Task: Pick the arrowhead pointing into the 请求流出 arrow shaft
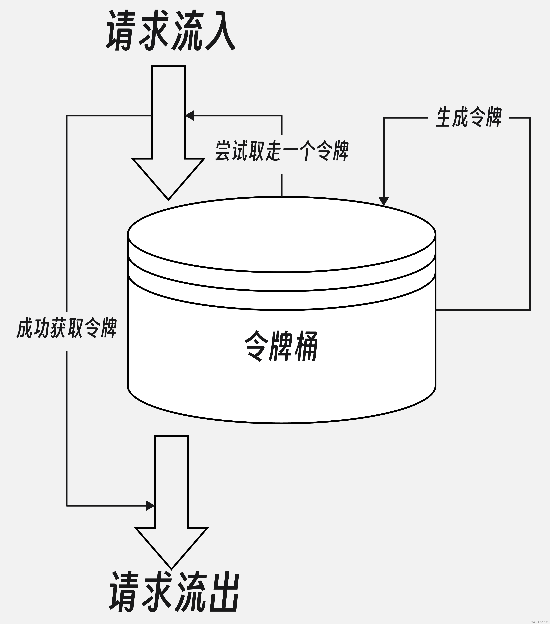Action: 150,506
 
